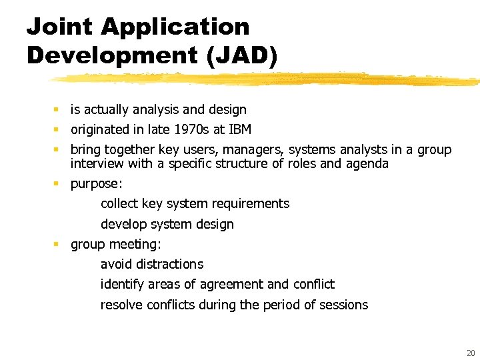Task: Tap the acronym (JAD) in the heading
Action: [x=241, y=55]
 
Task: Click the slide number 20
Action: [x=471, y=353]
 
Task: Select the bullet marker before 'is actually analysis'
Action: [x=58, y=109]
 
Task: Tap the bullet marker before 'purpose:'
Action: [x=58, y=183]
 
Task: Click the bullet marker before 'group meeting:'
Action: [x=58, y=244]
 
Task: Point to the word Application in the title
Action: [x=175, y=27]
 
